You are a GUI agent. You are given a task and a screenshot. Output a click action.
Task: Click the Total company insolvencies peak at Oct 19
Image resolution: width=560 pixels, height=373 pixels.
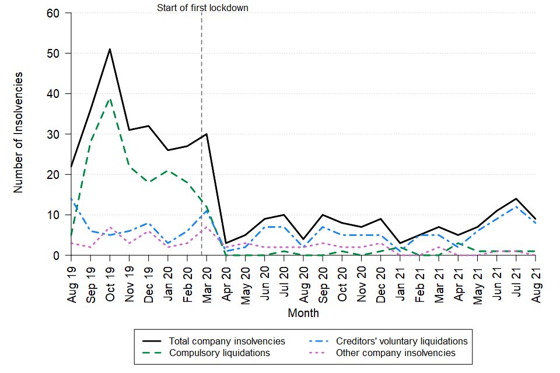(x=110, y=49)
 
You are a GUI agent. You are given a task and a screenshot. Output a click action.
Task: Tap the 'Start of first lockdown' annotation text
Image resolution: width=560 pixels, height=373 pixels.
(x=202, y=8)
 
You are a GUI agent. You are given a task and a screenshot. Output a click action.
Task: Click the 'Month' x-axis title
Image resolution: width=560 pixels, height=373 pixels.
(x=303, y=313)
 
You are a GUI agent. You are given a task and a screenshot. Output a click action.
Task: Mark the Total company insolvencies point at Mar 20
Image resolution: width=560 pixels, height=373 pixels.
(x=206, y=134)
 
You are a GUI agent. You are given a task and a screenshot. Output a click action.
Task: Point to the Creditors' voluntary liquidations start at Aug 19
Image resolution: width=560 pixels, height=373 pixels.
(x=71, y=199)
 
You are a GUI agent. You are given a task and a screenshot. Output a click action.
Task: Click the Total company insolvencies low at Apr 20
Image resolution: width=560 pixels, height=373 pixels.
(x=226, y=243)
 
